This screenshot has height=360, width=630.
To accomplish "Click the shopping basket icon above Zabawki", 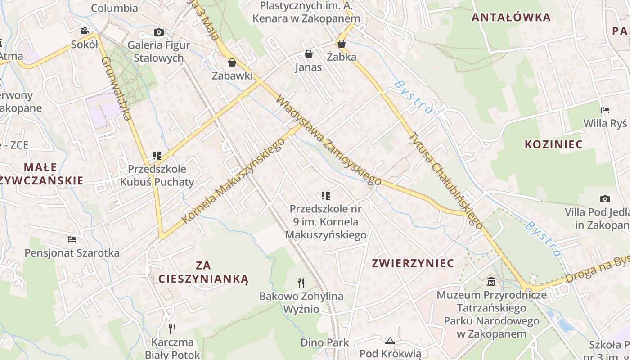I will [x=232, y=62].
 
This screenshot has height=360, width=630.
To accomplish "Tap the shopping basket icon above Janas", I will [x=309, y=54].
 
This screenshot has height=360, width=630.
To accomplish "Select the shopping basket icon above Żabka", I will [x=342, y=44].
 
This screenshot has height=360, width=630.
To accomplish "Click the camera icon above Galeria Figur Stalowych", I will [x=158, y=32].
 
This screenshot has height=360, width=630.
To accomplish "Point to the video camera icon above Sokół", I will [x=84, y=31].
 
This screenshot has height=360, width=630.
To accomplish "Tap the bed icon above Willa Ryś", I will [x=605, y=110].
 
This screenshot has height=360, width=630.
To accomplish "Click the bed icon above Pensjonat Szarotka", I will [x=72, y=239].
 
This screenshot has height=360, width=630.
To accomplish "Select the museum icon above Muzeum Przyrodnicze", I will [x=491, y=282].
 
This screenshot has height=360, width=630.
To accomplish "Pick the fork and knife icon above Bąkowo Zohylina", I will [x=301, y=283].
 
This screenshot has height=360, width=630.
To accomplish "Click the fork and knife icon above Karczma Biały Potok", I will [x=172, y=328].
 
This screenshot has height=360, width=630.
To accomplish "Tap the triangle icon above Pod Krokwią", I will [x=390, y=341].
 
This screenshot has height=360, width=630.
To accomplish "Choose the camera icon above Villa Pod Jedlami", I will [x=605, y=198].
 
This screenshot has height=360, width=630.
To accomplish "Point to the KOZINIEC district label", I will [x=553, y=144].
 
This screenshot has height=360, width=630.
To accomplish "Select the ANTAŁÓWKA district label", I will [x=511, y=18].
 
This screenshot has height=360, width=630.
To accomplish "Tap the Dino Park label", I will [x=324, y=342].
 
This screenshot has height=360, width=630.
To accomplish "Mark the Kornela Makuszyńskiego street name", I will [x=234, y=181].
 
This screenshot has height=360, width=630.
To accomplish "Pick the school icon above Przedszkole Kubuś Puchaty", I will [x=157, y=156].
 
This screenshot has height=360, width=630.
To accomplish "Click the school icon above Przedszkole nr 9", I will [x=326, y=195].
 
